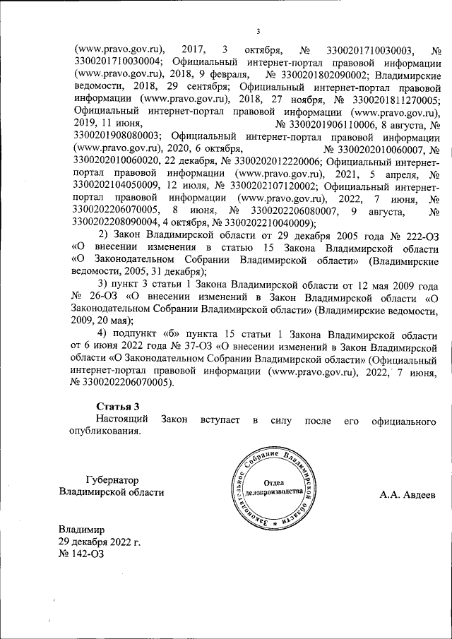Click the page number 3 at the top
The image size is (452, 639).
[258, 30]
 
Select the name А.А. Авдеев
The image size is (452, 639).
[408, 492]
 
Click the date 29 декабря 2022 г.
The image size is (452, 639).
[100, 542]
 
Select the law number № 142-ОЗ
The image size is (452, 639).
[82, 554]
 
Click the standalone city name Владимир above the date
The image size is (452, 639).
[82, 530]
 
